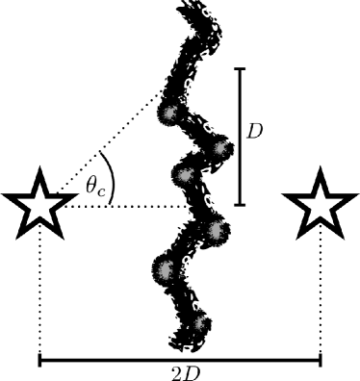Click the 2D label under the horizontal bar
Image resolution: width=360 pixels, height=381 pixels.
pos(180,373)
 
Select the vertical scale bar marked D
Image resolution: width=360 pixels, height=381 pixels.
pos(241,137)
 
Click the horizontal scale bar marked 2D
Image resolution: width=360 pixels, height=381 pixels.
pos(180,361)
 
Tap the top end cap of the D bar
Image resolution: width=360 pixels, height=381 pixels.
pos(241,68)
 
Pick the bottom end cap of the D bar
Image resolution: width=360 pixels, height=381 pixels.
pos(241,205)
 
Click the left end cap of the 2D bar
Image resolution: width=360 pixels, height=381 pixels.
pos(39,361)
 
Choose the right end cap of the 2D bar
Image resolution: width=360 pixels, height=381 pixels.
pos(321,361)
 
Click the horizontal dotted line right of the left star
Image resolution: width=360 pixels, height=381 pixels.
pos(135,205)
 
